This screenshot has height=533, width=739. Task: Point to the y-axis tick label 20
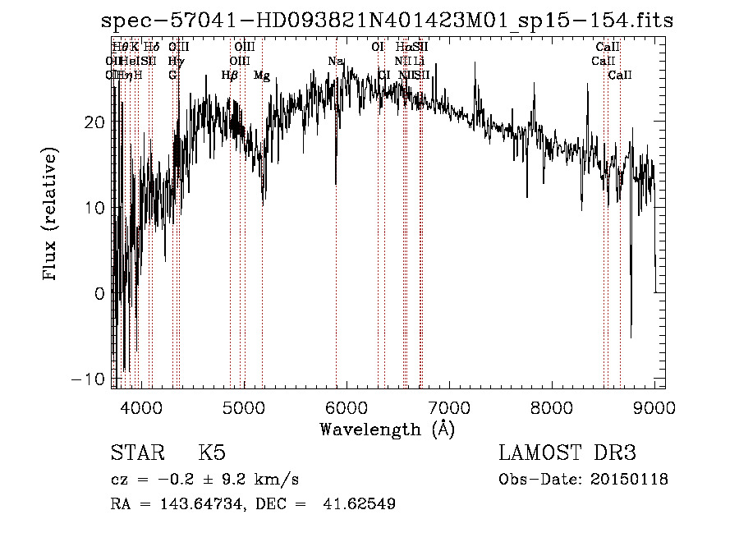[95, 122]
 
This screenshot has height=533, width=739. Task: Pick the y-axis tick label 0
[99, 293]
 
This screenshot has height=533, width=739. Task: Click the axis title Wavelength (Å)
[387, 429]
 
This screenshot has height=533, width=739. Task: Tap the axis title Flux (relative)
[51, 215]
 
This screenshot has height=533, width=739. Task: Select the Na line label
[335, 62]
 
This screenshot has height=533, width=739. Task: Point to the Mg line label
[262, 76]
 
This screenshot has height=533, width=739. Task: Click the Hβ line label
[230, 76]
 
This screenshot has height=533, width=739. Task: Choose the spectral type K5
[212, 453]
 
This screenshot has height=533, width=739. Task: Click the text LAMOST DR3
[567, 453]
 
